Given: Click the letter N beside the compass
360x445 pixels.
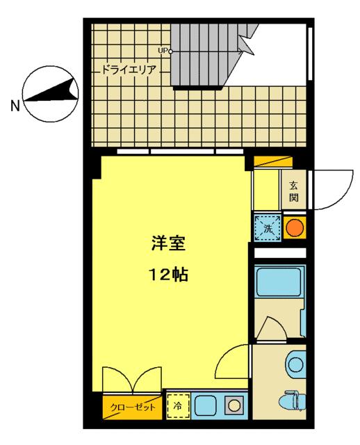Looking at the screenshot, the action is (x=15, y=106).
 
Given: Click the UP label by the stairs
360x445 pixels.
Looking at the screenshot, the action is (x=162, y=51).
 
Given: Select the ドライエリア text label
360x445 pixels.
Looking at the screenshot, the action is (x=129, y=70).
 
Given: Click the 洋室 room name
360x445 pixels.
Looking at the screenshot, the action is (x=168, y=243).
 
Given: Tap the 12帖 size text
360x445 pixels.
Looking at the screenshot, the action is (x=168, y=275).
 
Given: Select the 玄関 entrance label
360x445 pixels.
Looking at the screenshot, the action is (x=294, y=191).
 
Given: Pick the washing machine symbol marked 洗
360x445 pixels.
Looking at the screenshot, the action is (x=268, y=228).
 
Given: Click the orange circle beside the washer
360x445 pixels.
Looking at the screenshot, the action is (x=295, y=227).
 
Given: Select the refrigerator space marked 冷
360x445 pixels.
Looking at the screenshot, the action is (x=178, y=406).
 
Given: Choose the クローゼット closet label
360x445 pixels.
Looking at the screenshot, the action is (x=133, y=407).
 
